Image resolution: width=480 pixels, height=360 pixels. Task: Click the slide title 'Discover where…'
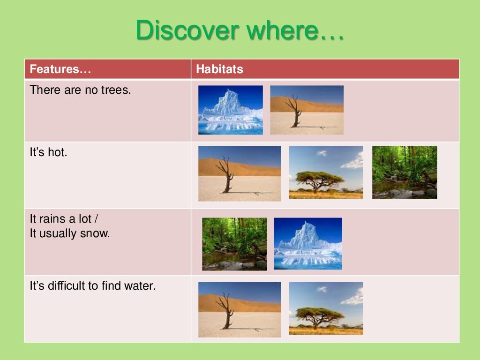[x=240, y=30]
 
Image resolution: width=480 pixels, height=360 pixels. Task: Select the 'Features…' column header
[x=60, y=69]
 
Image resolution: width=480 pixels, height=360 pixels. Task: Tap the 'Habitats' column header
[x=219, y=69]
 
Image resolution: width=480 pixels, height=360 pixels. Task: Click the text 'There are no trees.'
[x=80, y=90]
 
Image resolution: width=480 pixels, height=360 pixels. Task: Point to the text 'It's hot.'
[x=48, y=152]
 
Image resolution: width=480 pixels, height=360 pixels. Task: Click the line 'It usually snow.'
[x=69, y=233]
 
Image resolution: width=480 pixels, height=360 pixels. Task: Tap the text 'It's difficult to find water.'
[x=92, y=285]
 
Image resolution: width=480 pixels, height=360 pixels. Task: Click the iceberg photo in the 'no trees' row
[x=230, y=110]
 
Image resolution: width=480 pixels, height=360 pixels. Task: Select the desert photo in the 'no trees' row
[x=307, y=110]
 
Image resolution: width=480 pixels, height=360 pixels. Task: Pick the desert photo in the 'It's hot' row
[x=240, y=173]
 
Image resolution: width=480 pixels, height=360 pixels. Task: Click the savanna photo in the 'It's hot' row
[x=326, y=172]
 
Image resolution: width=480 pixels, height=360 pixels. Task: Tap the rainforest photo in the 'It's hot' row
[x=405, y=172]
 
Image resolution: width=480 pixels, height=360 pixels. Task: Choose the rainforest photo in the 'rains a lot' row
[x=234, y=244]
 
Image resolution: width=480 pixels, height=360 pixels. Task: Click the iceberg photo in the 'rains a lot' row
[x=308, y=243]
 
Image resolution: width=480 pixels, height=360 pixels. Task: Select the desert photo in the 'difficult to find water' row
[x=240, y=309]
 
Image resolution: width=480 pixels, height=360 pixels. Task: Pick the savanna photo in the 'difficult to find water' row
[x=326, y=308]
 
